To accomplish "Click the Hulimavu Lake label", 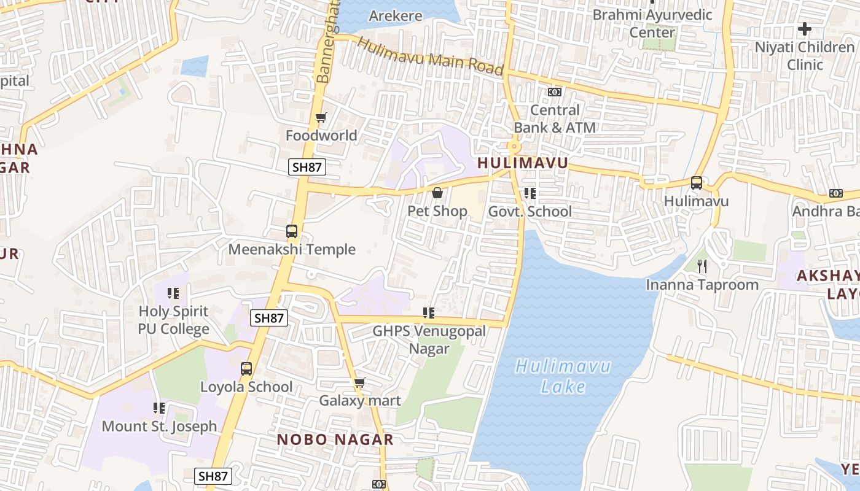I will [x=563, y=377].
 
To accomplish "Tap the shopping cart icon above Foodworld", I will [x=321, y=117].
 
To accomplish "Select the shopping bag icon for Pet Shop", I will [x=437, y=193].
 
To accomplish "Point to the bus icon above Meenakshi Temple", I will [x=292, y=231].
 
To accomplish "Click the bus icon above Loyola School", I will [x=246, y=369].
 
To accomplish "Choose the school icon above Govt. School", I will [x=530, y=194].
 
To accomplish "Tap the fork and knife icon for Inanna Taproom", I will [x=702, y=266].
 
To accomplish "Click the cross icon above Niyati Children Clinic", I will [x=804, y=28].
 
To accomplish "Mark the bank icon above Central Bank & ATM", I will [x=554, y=92].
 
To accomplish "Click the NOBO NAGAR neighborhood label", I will [x=335, y=439].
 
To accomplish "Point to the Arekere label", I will [x=396, y=16].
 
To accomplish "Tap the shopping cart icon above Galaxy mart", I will [x=360, y=383].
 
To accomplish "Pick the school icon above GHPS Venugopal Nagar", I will [x=429, y=313].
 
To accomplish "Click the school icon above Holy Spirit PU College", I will [x=174, y=293].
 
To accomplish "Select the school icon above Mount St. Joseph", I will [x=159, y=408].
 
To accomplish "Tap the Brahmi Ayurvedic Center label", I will [x=652, y=23].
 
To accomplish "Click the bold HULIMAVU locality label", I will [x=523, y=163].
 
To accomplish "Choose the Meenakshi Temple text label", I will [x=292, y=249].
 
